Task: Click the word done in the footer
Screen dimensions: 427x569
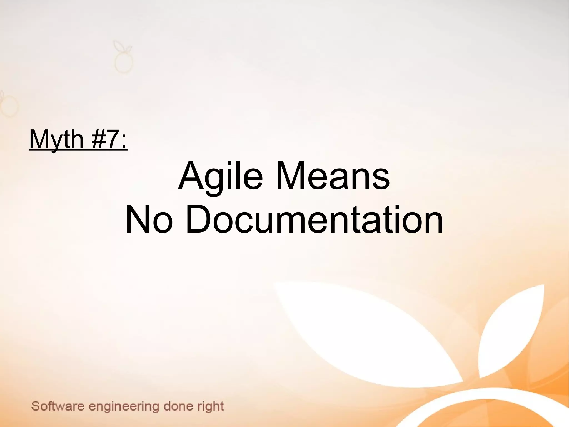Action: pyautogui.click(x=178, y=406)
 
